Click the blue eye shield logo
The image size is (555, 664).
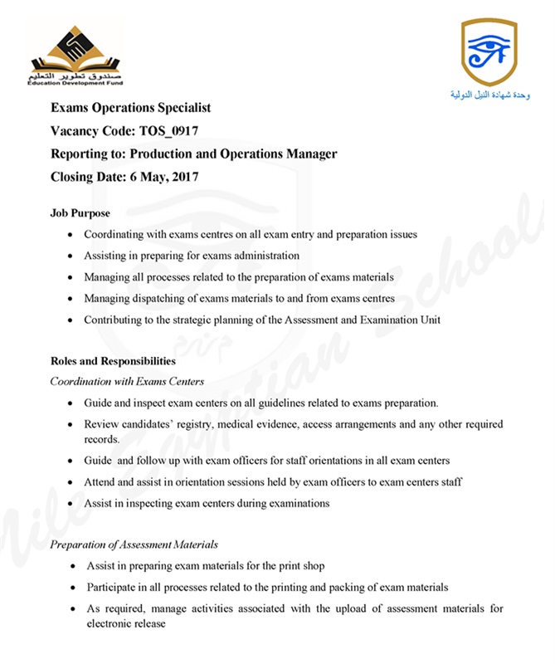click(489, 51)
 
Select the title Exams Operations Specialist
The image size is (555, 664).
click(131, 108)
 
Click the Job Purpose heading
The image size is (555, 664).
click(80, 213)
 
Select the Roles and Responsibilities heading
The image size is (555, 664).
click(112, 362)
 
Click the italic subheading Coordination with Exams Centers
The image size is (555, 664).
click(127, 382)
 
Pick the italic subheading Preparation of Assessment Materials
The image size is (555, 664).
click(134, 544)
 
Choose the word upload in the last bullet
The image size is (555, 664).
click(333, 608)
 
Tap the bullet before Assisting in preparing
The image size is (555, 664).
click(71, 256)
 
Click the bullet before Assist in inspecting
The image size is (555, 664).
click(71, 504)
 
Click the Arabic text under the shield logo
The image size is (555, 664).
click(489, 95)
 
